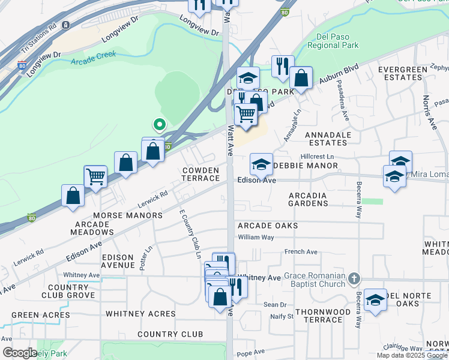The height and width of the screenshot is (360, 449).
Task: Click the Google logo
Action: (x=19, y=353)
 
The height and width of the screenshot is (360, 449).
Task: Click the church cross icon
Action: (x=355, y=278)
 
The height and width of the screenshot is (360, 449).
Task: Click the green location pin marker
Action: (x=159, y=125)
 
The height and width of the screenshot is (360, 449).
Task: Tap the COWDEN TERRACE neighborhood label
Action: (x=201, y=174)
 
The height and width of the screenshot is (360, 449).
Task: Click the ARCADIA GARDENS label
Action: (x=308, y=199)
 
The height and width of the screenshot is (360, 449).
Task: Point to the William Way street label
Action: (x=256, y=238)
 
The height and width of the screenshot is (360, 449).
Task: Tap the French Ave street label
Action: (x=301, y=252)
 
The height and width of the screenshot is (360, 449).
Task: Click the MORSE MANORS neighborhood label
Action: (x=127, y=215)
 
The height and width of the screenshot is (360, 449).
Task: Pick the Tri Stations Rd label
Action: (x=38, y=36)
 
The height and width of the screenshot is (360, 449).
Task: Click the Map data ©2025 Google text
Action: (x=411, y=355)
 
